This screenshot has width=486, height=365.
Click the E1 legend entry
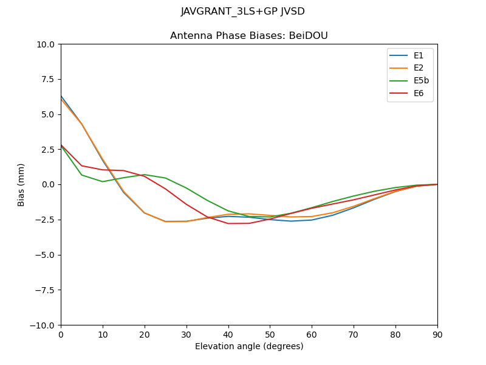coord(418,56)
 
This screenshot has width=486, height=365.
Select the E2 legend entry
coord(418,68)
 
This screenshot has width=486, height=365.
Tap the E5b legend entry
coord(421,81)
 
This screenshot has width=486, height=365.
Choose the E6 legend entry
coord(418,94)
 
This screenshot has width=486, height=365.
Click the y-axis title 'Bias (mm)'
coord(21,184)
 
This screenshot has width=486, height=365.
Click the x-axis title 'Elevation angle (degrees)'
coord(249,347)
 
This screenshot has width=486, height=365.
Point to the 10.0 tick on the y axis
coord(47,44)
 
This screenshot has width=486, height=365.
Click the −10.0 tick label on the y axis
coord(44,325)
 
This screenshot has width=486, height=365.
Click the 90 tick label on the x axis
coord(437,334)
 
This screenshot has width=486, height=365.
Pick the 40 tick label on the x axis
coord(228,334)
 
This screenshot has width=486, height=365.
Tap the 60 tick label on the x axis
coord(312,334)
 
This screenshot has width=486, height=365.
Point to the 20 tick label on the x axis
coord(145,334)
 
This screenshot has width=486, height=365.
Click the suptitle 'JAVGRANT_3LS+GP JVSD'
coord(243,12)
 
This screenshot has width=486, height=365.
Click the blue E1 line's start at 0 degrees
coord(61,96)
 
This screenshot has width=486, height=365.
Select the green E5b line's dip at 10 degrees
coord(103,181)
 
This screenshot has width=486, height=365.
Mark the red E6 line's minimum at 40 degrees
coord(228,223)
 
